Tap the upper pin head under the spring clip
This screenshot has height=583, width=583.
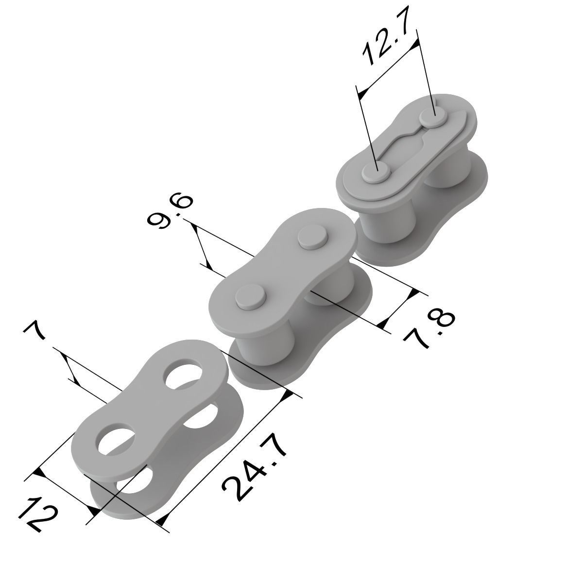[434, 117]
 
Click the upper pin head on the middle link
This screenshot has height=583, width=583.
[313, 237]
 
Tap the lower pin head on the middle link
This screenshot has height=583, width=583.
[250, 295]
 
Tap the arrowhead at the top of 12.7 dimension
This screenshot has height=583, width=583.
[414, 45]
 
